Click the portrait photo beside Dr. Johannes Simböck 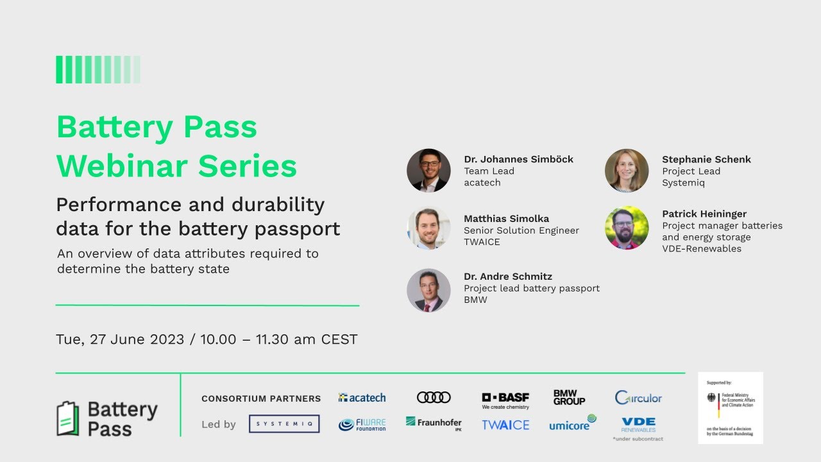coord(428,171)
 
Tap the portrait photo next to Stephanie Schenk coord(627,171)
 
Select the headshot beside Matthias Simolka coord(428,228)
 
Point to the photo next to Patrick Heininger coord(627,228)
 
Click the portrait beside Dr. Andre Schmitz coord(428,290)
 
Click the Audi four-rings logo coord(434,398)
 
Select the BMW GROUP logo coord(569,398)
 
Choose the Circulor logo coord(638,398)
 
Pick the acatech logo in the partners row coord(362,398)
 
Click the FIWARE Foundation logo coord(362,425)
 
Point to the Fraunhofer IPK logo coord(434,424)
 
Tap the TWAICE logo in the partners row coord(505,425)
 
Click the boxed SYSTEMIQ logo coord(284,424)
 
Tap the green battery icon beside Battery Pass coord(68,418)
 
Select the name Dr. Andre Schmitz coord(508,277)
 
